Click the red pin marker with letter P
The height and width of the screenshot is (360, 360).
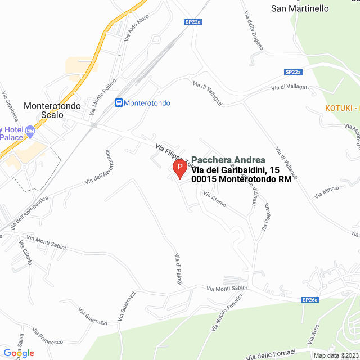click(x=179, y=168)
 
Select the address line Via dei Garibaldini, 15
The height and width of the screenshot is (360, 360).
click(x=236, y=170)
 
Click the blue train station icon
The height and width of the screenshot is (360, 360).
click(x=119, y=103)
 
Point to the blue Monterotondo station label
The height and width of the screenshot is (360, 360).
click(x=147, y=103)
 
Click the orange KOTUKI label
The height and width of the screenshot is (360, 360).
click(x=341, y=108)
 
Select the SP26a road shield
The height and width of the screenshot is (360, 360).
click(x=310, y=300)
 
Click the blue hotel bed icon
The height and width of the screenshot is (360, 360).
click(x=30, y=132)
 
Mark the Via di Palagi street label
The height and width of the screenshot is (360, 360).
click(x=178, y=269)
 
